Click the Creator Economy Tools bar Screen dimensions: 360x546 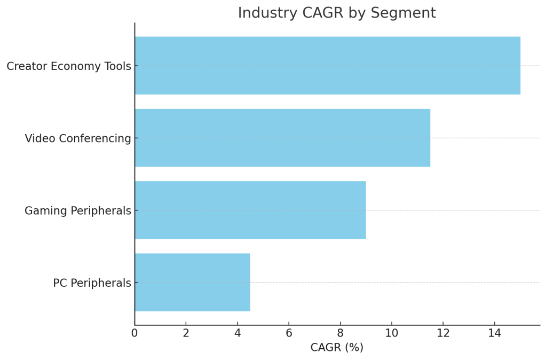327,66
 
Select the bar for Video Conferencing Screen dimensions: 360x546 282,138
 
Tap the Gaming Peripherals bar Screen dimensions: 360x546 250,210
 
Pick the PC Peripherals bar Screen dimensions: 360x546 192,282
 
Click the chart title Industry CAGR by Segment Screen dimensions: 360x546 336,13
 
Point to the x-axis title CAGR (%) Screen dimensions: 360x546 336,348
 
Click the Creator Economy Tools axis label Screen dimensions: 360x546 68,66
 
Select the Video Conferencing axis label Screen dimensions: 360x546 77,139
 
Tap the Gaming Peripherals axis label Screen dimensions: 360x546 77,211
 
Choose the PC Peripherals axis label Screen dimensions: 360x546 92,283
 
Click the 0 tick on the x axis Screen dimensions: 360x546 134,333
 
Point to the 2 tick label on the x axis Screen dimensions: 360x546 186,333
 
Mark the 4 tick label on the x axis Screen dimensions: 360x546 238,333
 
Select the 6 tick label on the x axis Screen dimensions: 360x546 289,333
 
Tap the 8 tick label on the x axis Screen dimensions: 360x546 341,333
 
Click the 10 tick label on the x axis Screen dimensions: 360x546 392,333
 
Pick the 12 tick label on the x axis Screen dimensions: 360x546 443,333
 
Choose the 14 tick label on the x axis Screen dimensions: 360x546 495,333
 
